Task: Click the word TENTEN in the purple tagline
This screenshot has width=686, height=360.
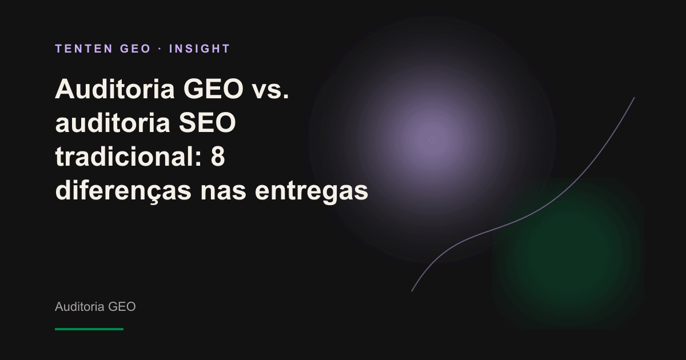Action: click(84, 49)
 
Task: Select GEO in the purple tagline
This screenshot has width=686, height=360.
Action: click(135, 49)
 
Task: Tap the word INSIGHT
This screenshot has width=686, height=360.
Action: click(200, 49)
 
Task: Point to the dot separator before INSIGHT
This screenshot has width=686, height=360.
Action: click(160, 49)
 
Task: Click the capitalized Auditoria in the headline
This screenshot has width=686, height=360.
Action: click(115, 89)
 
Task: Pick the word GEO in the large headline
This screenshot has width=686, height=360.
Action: click(213, 89)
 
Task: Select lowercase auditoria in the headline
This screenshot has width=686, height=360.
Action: click(113, 122)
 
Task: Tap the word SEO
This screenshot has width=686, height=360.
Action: click(208, 122)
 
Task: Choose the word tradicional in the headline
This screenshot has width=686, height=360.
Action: click(128, 156)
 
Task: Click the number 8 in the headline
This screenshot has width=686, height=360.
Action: click(218, 157)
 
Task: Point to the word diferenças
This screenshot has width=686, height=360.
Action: click(123, 190)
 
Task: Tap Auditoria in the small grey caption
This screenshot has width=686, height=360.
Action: click(79, 306)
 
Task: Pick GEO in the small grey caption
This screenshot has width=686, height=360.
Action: click(122, 307)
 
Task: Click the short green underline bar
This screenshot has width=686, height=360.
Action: click(89, 329)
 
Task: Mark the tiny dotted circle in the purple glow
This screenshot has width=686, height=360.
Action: click(432, 140)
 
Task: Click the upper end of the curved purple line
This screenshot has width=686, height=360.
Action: click(634, 98)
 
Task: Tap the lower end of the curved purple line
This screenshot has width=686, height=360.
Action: click(412, 291)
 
